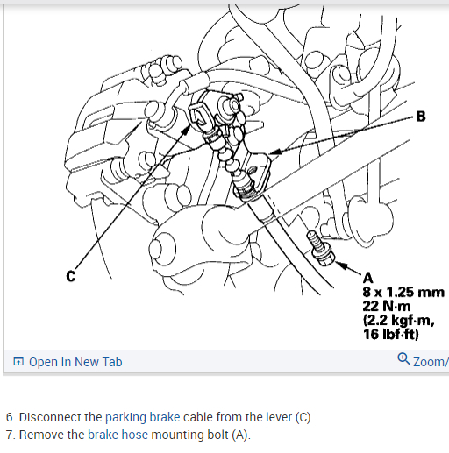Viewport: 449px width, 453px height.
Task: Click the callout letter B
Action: pyautogui.click(x=420, y=117)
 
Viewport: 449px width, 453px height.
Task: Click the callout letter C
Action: pyautogui.click(x=71, y=276)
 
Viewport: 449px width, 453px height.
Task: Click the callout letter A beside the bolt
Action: pyautogui.click(x=368, y=278)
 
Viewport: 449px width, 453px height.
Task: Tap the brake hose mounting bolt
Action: pyautogui.click(x=319, y=248)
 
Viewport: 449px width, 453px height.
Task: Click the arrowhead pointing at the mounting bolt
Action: pyautogui.click(x=341, y=265)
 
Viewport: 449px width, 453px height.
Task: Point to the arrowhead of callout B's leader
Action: pyautogui.click(x=274, y=152)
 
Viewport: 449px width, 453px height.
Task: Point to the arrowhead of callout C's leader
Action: pyautogui.click(x=186, y=131)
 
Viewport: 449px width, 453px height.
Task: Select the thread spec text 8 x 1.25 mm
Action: pyautogui.click(x=403, y=292)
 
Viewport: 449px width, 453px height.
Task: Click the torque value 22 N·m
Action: pyautogui.click(x=387, y=306)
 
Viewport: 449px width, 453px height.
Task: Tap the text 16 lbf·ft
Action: pyautogui.click(x=391, y=334)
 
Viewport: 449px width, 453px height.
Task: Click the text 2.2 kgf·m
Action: pyautogui.click(x=399, y=320)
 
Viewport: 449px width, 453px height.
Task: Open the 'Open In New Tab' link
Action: pyautogui.click(x=75, y=362)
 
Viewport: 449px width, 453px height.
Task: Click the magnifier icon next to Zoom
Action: pyautogui.click(x=403, y=358)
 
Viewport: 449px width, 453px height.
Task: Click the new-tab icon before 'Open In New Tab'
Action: pyautogui.click(x=18, y=362)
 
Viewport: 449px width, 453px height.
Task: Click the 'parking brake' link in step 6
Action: pyautogui.click(x=142, y=417)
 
